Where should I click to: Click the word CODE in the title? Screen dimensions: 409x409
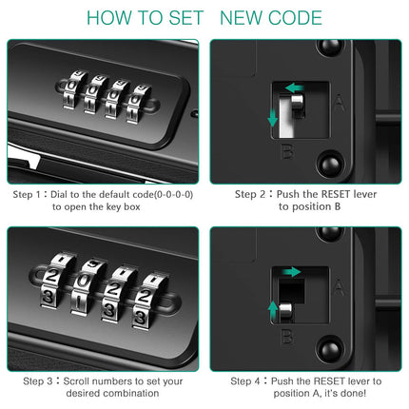coord(295,18)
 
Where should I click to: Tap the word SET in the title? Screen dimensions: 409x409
coord(185,18)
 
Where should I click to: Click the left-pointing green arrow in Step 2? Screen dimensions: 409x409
coord(295,88)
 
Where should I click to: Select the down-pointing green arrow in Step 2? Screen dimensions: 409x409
coord(272,117)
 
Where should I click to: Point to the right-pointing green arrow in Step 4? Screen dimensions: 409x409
coord(292,272)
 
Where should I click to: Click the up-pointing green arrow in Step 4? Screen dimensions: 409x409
coord(273,310)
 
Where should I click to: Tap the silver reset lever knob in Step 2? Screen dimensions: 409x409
coord(298,102)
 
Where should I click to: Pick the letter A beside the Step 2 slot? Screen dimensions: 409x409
coord(339,103)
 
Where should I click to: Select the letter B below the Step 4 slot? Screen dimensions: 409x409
coord(287,337)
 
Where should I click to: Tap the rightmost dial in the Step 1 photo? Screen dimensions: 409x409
coord(138,104)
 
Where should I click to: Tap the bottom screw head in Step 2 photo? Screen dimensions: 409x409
coord(330,164)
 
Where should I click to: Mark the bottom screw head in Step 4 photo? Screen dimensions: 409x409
coord(330,348)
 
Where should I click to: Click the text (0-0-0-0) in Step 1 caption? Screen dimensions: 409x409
coord(173,194)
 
